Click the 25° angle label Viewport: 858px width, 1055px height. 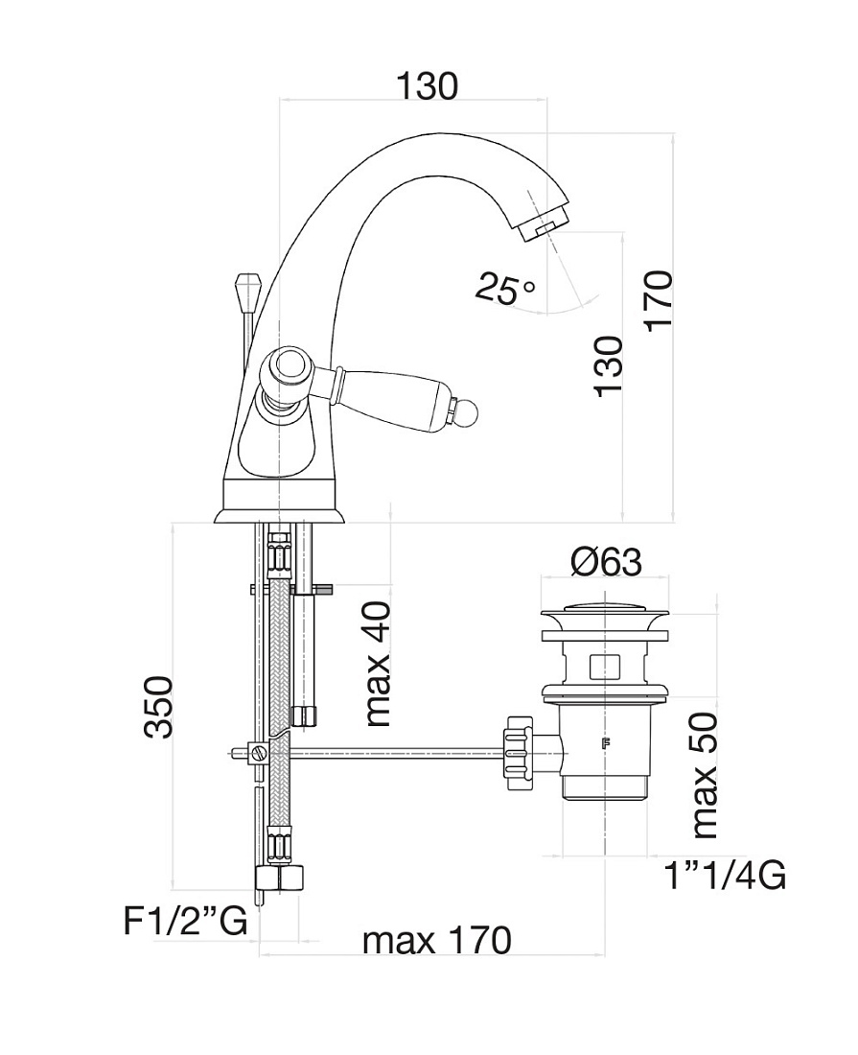click(x=506, y=288)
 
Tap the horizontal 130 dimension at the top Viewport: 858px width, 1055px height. click(x=427, y=86)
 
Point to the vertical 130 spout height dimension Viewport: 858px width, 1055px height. click(x=610, y=366)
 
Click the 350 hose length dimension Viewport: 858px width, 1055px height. click(x=159, y=708)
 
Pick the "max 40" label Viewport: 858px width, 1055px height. click(x=378, y=664)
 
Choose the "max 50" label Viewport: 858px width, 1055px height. click(x=704, y=776)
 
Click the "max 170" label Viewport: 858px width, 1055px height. click(x=437, y=940)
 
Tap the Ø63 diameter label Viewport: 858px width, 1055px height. click(x=606, y=562)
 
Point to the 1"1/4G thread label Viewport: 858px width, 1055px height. click(x=724, y=876)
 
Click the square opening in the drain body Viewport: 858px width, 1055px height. click(x=605, y=667)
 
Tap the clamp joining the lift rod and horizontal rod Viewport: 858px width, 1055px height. click(x=259, y=752)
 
